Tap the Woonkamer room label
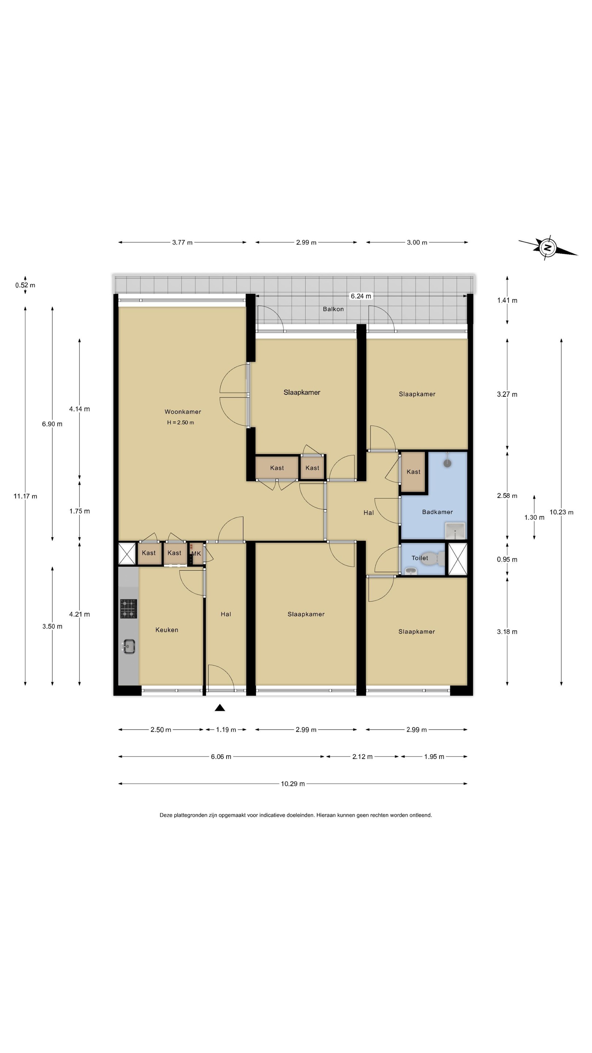[183, 412]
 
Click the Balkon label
[333, 309]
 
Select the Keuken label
[167, 630]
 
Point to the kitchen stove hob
[128, 609]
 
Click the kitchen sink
[128, 646]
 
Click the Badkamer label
[437, 512]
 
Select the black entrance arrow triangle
[220, 707]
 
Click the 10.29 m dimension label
[292, 784]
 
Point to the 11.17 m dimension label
[25, 496]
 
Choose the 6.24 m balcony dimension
[361, 296]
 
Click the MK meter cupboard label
[196, 554]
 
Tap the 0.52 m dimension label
[25, 285]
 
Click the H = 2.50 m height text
[180, 422]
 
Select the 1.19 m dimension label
[226, 730]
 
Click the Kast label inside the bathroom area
[413, 472]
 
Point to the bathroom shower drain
[448, 463]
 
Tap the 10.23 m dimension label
[561, 512]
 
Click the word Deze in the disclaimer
[166, 815]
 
